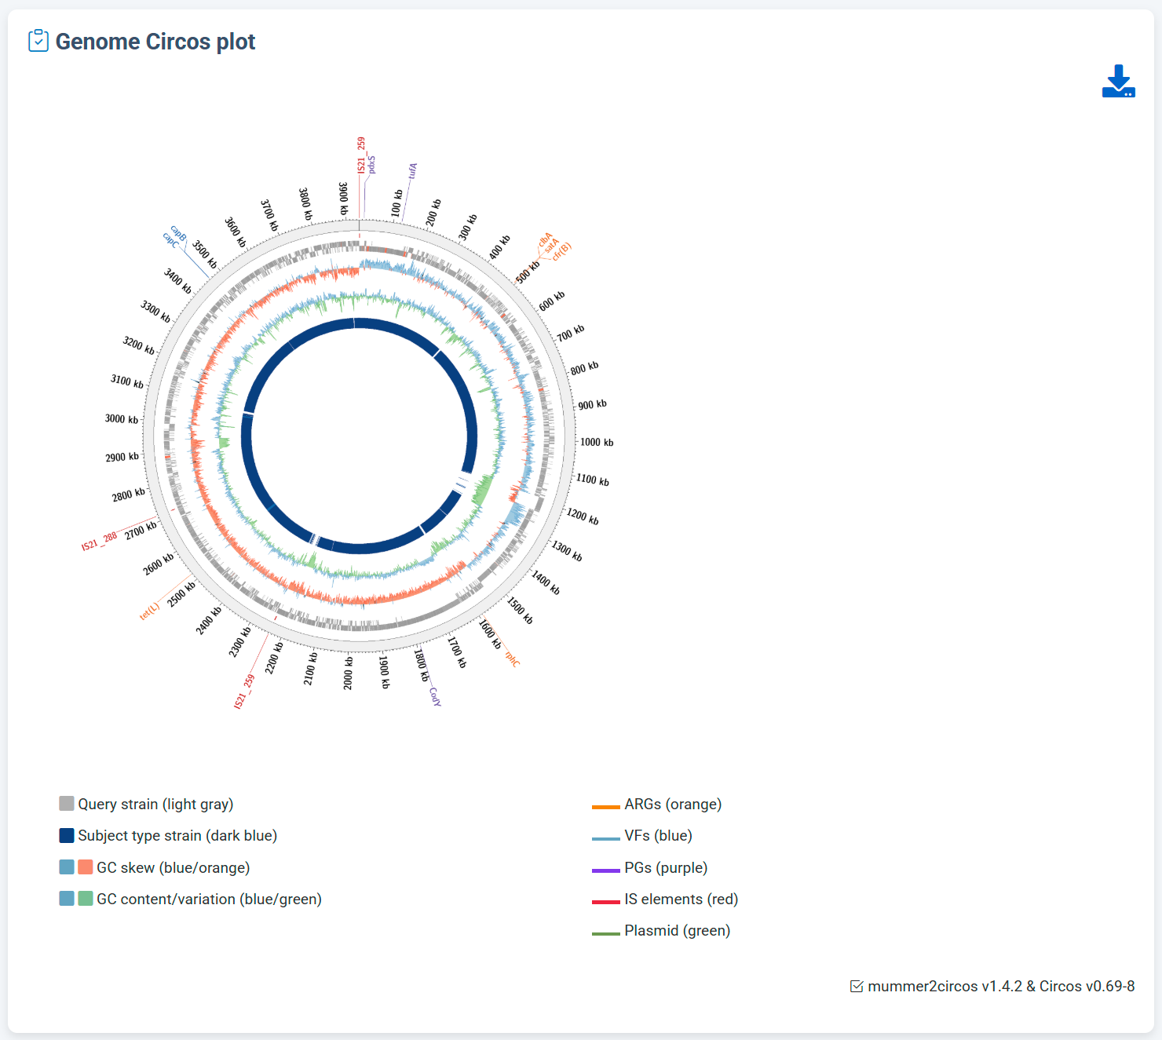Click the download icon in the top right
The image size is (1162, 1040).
[1118, 82]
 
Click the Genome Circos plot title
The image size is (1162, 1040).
[155, 42]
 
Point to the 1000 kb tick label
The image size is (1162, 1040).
[597, 443]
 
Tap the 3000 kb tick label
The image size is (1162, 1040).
[122, 419]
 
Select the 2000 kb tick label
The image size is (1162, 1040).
[348, 673]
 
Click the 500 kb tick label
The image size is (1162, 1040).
[528, 272]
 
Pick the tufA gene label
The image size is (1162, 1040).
[413, 170]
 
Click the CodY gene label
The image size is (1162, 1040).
[435, 696]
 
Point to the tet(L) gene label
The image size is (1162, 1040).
[149, 611]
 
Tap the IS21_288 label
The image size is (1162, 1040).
[99, 541]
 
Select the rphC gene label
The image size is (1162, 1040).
[512, 659]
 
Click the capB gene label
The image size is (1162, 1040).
[179, 233]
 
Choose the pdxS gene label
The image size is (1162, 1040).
[371, 164]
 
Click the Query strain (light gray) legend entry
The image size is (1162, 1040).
[155, 804]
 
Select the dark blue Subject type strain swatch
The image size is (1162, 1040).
[67, 835]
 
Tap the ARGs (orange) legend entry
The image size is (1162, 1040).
[672, 804]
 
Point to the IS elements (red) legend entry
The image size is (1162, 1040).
[681, 899]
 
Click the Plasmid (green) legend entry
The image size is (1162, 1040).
[677, 930]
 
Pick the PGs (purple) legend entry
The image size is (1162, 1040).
[666, 867]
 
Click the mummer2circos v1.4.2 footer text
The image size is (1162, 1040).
[1001, 986]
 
